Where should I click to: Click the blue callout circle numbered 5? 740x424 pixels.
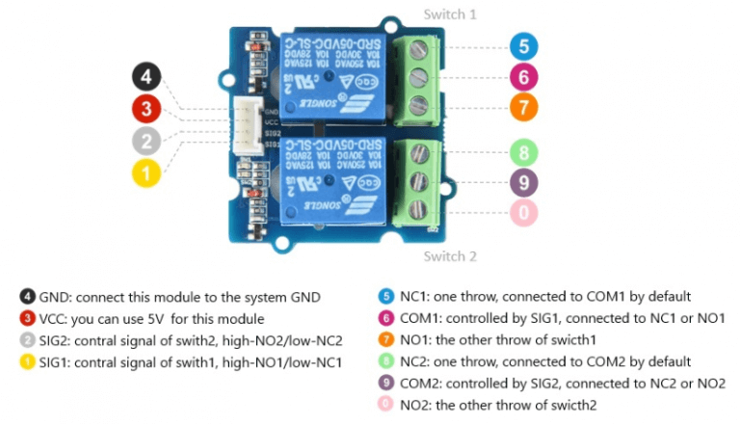[x=522, y=45]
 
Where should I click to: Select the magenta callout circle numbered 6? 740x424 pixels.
[x=522, y=76]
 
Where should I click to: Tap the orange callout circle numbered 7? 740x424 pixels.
[x=522, y=107]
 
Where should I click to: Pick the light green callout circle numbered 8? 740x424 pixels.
[x=522, y=150]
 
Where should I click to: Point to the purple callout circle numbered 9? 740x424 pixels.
[x=522, y=181]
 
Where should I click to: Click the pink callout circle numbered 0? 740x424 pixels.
[x=522, y=212]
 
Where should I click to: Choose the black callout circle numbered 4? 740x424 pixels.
[x=145, y=75]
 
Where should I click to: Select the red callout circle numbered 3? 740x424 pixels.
[x=145, y=108]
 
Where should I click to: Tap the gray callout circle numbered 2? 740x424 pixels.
[x=145, y=141]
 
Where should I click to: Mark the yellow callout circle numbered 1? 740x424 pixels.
[x=145, y=173]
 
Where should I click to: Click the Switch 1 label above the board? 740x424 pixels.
[x=450, y=14]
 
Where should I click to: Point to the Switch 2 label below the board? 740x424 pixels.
[x=450, y=256]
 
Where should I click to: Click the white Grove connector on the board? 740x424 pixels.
[x=250, y=125]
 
